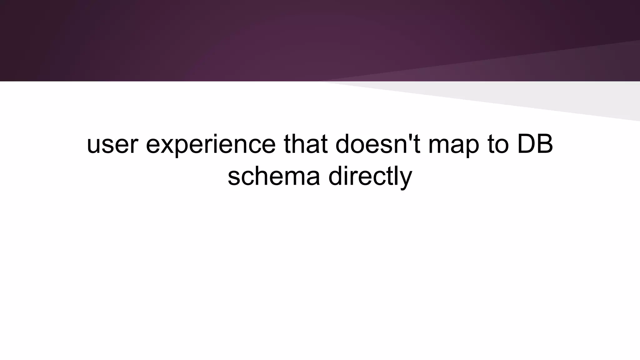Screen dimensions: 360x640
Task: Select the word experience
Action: [x=211, y=144]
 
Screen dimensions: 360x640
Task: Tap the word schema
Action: [x=274, y=176]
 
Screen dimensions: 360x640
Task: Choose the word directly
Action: [x=370, y=176]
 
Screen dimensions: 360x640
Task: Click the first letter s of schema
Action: [x=233, y=177]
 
